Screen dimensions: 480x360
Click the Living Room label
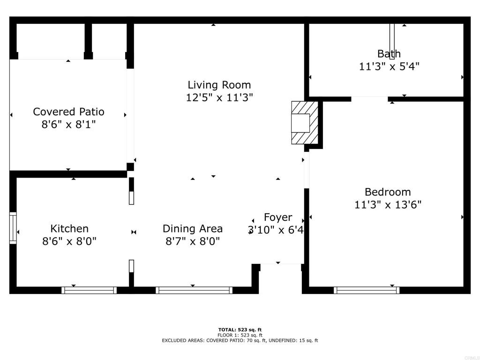tap(219, 85)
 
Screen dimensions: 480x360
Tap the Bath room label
tap(389, 53)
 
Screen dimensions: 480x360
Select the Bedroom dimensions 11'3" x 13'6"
tap(388, 204)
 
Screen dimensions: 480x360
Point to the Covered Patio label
tap(68, 112)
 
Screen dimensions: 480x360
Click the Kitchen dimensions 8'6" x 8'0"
tap(69, 241)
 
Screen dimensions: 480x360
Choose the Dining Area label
tap(193, 229)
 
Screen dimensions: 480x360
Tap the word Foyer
tap(278, 217)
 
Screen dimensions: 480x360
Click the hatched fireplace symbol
tap(305, 123)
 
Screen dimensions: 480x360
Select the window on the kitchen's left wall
tap(13, 228)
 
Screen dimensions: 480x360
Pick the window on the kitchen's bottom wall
tap(89, 290)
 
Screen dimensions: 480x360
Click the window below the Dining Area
tap(194, 290)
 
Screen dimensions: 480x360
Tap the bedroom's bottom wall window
tap(367, 290)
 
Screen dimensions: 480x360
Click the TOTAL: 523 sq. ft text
tap(240, 330)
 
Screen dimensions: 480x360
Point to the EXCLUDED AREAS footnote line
tap(240, 340)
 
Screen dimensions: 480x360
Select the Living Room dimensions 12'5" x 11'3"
tap(219, 97)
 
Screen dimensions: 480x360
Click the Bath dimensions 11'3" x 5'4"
tap(389, 67)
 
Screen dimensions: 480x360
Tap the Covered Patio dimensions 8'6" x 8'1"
tap(68, 125)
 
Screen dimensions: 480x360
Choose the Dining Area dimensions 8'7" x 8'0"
tap(193, 241)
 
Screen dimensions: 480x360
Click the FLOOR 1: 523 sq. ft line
tap(240, 335)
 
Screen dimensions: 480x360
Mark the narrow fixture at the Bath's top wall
tap(392, 41)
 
